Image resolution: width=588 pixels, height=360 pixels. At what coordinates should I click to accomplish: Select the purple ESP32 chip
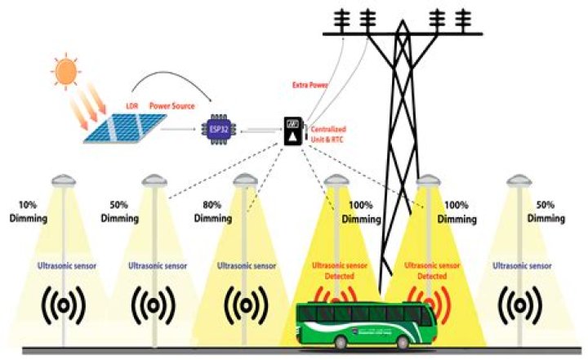point(214,129)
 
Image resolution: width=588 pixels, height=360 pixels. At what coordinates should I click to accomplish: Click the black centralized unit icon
point(289,131)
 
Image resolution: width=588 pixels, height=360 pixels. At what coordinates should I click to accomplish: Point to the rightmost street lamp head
point(519,179)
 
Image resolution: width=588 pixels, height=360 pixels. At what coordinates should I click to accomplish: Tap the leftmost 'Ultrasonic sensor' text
point(65,266)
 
